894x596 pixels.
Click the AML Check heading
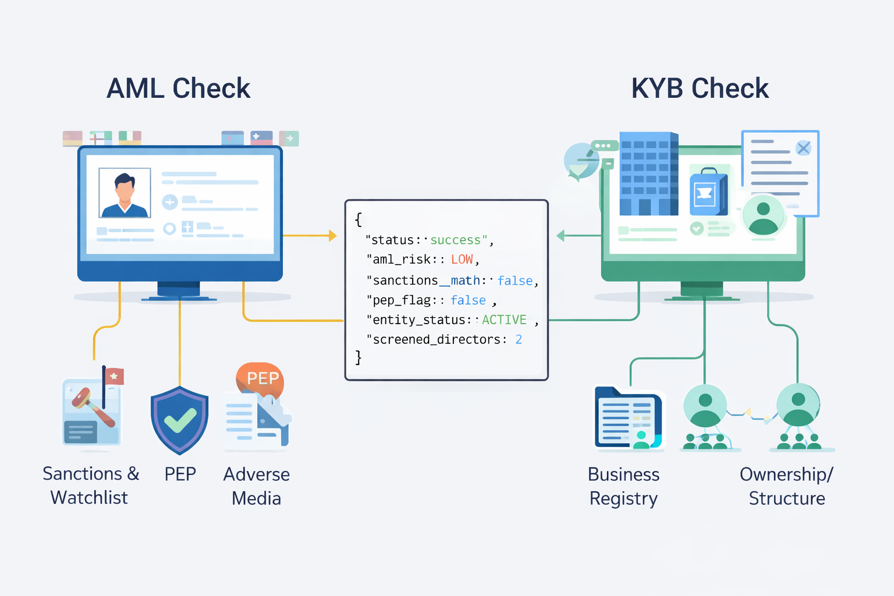(x=178, y=88)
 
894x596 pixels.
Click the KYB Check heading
(x=700, y=88)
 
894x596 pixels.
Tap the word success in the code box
(x=455, y=240)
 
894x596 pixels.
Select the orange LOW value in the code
(x=462, y=260)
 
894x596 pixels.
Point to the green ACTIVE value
(x=504, y=320)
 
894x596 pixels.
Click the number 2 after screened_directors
(x=519, y=339)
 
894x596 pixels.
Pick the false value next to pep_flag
(x=468, y=300)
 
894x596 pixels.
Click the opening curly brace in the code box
(x=359, y=219)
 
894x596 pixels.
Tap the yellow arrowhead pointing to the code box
(x=332, y=236)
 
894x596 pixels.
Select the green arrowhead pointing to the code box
(x=560, y=236)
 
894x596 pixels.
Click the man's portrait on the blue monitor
(x=125, y=193)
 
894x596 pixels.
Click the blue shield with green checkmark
(x=179, y=420)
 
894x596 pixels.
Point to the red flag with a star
(x=114, y=377)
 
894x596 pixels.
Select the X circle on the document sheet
(x=803, y=148)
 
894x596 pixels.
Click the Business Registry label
(x=623, y=486)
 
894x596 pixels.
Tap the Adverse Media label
(x=257, y=486)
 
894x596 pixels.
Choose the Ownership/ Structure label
(x=786, y=486)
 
